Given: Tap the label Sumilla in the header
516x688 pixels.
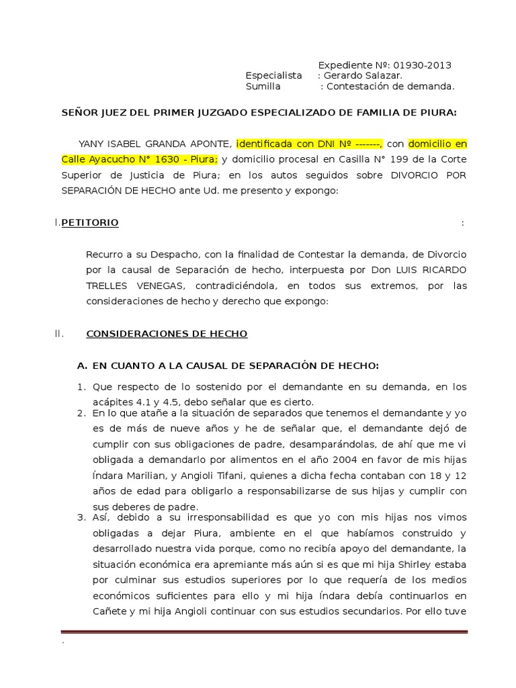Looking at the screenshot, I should (263, 87).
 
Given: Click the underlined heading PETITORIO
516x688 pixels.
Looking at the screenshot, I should (90, 223).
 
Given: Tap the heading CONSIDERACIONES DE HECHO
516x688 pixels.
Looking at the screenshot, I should (167, 334).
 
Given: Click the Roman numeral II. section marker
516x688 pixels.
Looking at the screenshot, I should (58, 334).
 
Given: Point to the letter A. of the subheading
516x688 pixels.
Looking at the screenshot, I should (83, 366).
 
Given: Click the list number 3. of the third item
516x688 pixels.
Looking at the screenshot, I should (81, 518).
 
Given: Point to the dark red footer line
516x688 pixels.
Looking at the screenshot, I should (264, 632).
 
